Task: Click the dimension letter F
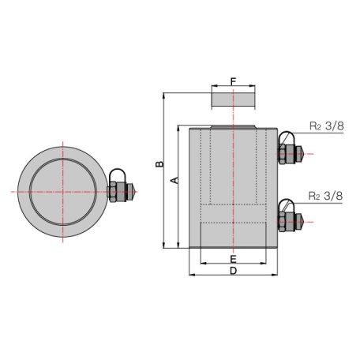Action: (x=234, y=81)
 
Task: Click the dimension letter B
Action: (x=159, y=164)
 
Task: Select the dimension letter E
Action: (x=234, y=259)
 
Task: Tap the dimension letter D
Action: (x=234, y=272)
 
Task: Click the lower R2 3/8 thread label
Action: (x=326, y=193)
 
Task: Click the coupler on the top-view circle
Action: (x=120, y=189)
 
